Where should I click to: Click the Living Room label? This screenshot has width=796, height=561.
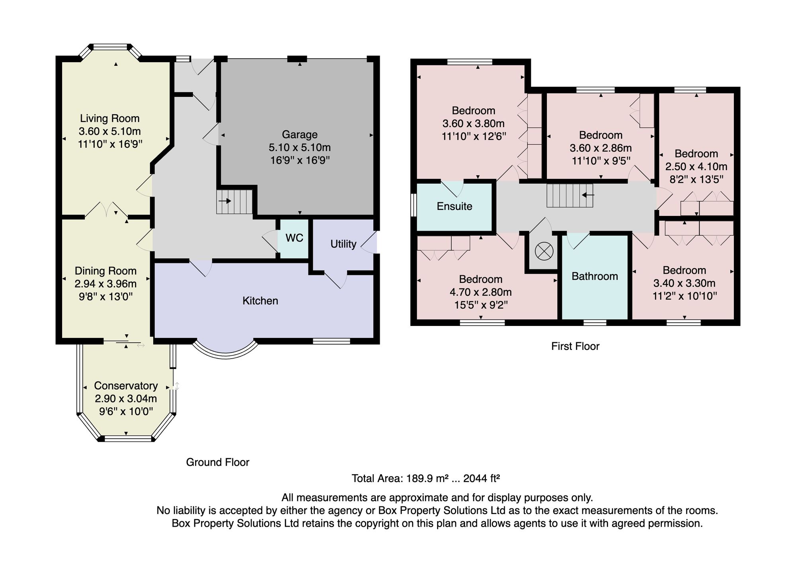coord(110,118)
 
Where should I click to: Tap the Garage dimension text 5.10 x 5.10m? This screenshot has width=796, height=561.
coord(300,147)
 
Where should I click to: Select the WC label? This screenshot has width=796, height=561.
coord(295,238)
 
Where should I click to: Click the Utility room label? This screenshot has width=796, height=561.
coord(343,244)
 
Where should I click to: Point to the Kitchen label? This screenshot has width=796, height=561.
coord(260,300)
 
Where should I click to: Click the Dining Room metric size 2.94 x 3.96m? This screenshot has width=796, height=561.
coord(105,284)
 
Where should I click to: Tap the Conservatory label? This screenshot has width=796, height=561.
coord(126,386)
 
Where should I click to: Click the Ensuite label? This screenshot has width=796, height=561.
coord(455,206)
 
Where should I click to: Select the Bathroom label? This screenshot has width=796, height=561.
coord(595,276)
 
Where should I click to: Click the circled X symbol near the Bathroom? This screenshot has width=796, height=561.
coord(544,251)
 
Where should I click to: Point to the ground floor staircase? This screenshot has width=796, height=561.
coord(234,202)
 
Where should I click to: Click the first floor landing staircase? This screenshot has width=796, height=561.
coord(570,195)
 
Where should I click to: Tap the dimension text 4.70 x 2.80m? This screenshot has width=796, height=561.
coord(481,292)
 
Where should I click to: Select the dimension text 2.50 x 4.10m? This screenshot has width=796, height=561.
coord(696,167)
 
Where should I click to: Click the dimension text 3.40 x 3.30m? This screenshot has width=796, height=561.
coord(685,283)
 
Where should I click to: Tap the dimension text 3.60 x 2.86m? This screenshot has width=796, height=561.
coord(601,148)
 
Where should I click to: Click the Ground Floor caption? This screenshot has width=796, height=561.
coord(218,462)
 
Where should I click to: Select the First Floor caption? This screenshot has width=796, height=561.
coord(575,346)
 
